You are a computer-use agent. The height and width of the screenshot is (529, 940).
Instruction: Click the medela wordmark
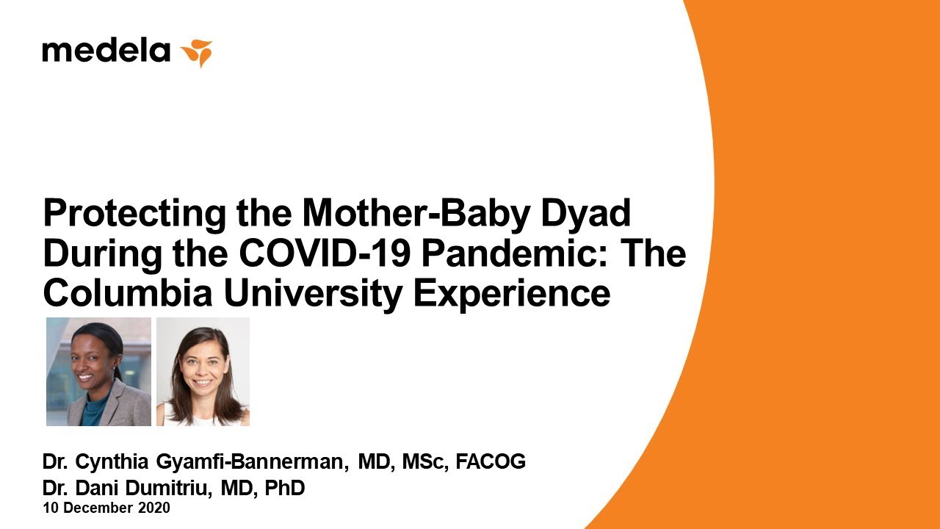(106, 51)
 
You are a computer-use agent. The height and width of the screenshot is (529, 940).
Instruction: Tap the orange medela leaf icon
(196, 52)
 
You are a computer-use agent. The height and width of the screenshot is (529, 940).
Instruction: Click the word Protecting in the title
(134, 215)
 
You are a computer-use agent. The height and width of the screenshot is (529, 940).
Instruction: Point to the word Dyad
(586, 215)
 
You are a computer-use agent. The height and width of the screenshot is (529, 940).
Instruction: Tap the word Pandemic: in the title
(514, 253)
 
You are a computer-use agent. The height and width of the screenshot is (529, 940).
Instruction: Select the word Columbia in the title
(128, 292)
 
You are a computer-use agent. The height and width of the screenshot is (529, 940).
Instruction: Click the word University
(313, 294)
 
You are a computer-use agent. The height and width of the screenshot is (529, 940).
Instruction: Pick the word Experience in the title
(512, 294)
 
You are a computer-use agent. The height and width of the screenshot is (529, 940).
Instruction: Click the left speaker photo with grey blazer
(98, 372)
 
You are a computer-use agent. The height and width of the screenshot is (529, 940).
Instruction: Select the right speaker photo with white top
(203, 372)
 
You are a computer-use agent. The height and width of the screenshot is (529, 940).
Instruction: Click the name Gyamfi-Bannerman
(252, 462)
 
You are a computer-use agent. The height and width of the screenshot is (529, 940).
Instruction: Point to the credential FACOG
(491, 461)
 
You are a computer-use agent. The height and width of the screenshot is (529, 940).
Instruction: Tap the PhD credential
(284, 488)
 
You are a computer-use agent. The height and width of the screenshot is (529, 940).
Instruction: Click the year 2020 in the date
(154, 508)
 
